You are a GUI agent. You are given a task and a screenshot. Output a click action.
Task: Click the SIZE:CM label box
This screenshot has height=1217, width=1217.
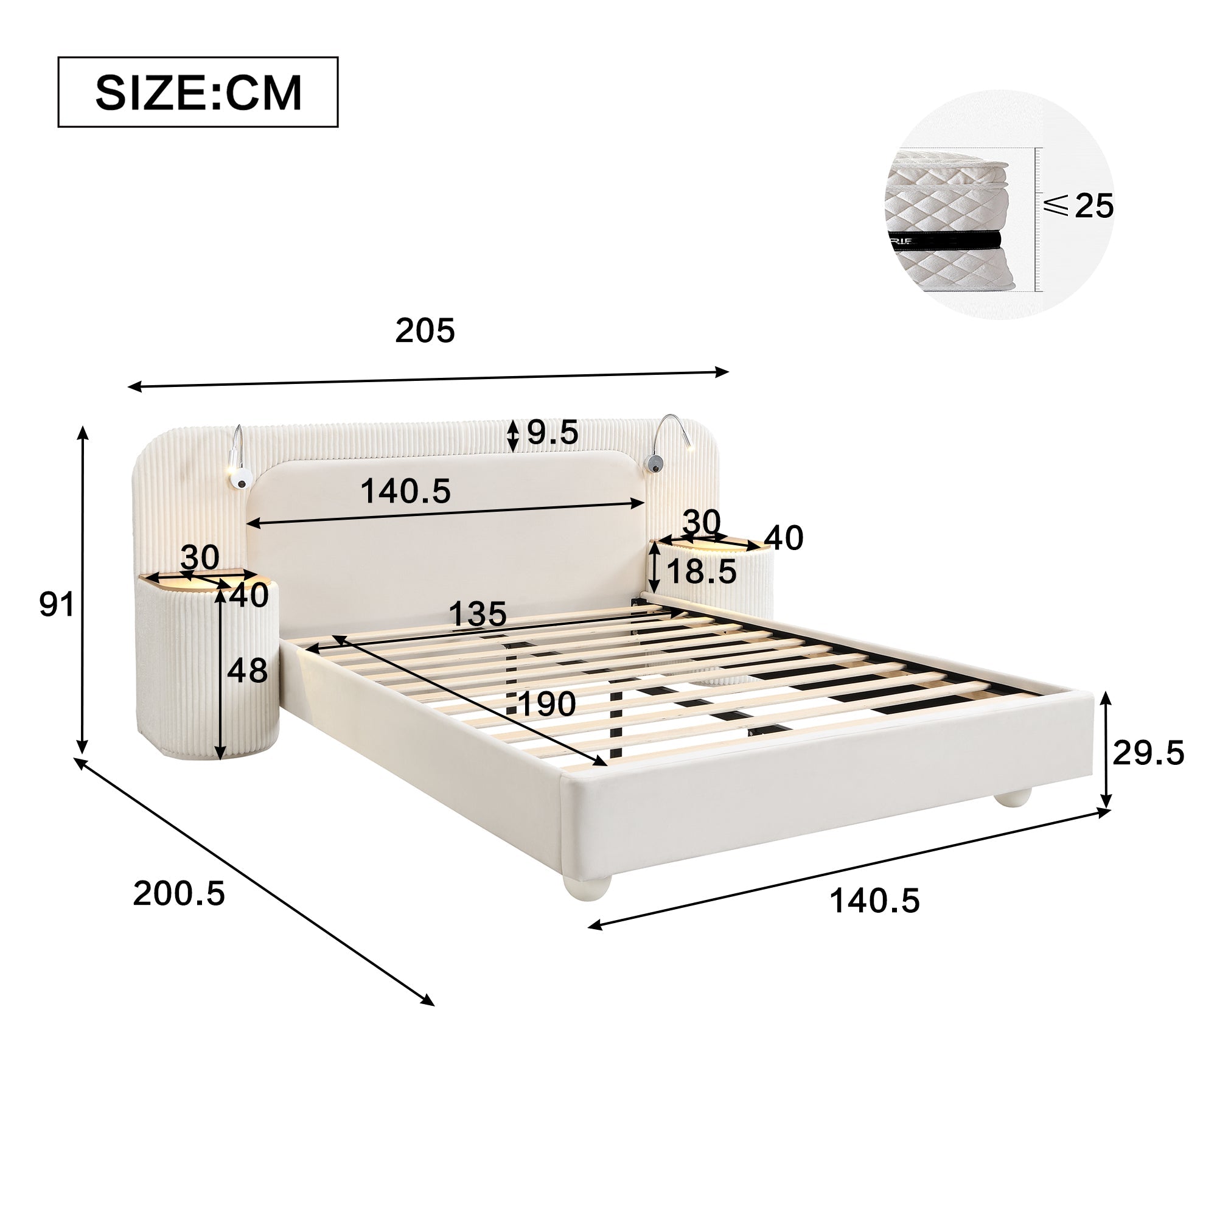click(198, 92)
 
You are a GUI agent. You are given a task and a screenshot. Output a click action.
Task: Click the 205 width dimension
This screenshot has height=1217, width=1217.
click(425, 330)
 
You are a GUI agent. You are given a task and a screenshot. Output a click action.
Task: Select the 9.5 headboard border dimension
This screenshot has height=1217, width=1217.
click(552, 433)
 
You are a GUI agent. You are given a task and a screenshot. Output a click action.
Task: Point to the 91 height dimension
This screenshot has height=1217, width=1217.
click(57, 605)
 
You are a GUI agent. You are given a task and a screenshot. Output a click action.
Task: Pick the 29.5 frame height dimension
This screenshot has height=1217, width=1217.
click(1148, 753)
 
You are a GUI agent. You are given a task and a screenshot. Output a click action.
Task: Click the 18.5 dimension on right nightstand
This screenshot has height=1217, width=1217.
click(700, 572)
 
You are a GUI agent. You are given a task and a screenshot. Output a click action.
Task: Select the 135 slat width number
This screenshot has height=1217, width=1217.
click(478, 613)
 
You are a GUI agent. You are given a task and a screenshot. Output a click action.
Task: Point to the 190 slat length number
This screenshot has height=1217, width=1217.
click(547, 703)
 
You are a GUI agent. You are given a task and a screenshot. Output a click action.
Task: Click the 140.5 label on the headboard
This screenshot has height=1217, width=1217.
click(406, 491)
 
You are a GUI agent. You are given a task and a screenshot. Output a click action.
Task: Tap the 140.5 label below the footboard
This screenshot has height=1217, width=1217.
click(874, 901)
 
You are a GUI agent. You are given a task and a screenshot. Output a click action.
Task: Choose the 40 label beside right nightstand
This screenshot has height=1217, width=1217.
click(784, 538)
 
